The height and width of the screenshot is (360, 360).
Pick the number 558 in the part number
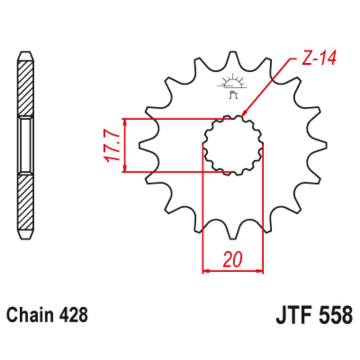(335, 315)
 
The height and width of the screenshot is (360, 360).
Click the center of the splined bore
(233, 145)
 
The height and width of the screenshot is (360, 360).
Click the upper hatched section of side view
(26, 87)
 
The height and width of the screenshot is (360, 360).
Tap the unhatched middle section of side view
(26, 145)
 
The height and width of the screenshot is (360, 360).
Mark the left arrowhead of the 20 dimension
(205, 271)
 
